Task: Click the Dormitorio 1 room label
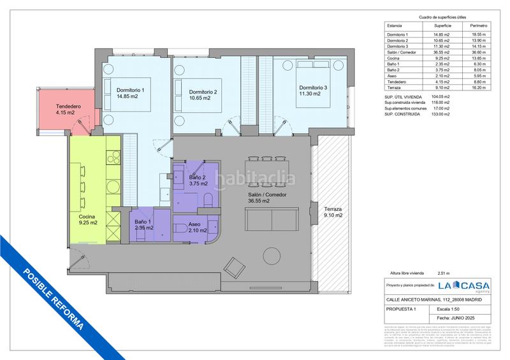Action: pyautogui.click(x=131, y=94)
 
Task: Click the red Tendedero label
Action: pyautogui.click(x=65, y=110)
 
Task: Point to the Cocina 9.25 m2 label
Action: pyautogui.click(x=84, y=219)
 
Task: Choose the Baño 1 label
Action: pyautogui.click(x=143, y=224)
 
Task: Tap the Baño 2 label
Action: pyautogui.click(x=198, y=180)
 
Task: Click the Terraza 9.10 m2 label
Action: pyautogui.click(x=333, y=212)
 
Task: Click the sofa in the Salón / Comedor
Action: pyautogui.click(x=272, y=220)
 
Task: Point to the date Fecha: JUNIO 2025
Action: pyautogui.click(x=458, y=317)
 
